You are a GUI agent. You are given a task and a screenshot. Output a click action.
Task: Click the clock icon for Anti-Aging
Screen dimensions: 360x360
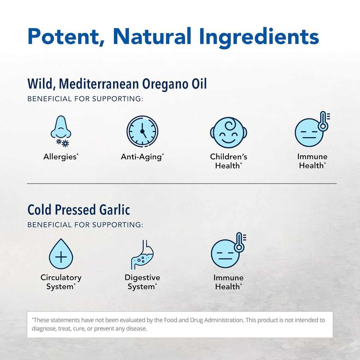click(142, 131)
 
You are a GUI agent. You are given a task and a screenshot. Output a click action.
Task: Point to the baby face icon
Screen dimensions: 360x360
click(229, 133)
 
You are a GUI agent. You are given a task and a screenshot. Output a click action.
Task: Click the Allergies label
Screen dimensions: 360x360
click(61, 157)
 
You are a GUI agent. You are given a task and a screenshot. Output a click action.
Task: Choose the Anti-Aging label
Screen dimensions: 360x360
click(142, 157)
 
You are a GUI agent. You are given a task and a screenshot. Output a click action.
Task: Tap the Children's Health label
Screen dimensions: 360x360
click(229, 161)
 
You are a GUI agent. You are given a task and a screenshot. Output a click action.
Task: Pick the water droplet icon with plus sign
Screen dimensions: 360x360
click(61, 254)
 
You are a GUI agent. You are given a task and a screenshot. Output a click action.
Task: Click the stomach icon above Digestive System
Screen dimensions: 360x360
click(142, 255)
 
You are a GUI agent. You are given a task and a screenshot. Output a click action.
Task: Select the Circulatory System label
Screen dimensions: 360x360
click(61, 282)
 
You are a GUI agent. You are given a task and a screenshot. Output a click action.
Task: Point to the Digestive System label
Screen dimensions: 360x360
click(142, 282)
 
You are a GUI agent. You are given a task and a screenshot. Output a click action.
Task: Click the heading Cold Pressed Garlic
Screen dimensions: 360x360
click(79, 210)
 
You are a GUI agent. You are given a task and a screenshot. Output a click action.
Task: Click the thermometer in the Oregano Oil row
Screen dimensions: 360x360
click(324, 121)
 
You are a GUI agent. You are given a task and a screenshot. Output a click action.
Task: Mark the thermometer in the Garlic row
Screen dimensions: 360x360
click(240, 243)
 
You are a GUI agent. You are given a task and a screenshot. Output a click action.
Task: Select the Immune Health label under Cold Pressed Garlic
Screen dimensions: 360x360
click(229, 282)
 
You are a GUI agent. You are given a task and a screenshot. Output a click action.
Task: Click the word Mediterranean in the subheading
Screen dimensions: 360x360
click(99, 84)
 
